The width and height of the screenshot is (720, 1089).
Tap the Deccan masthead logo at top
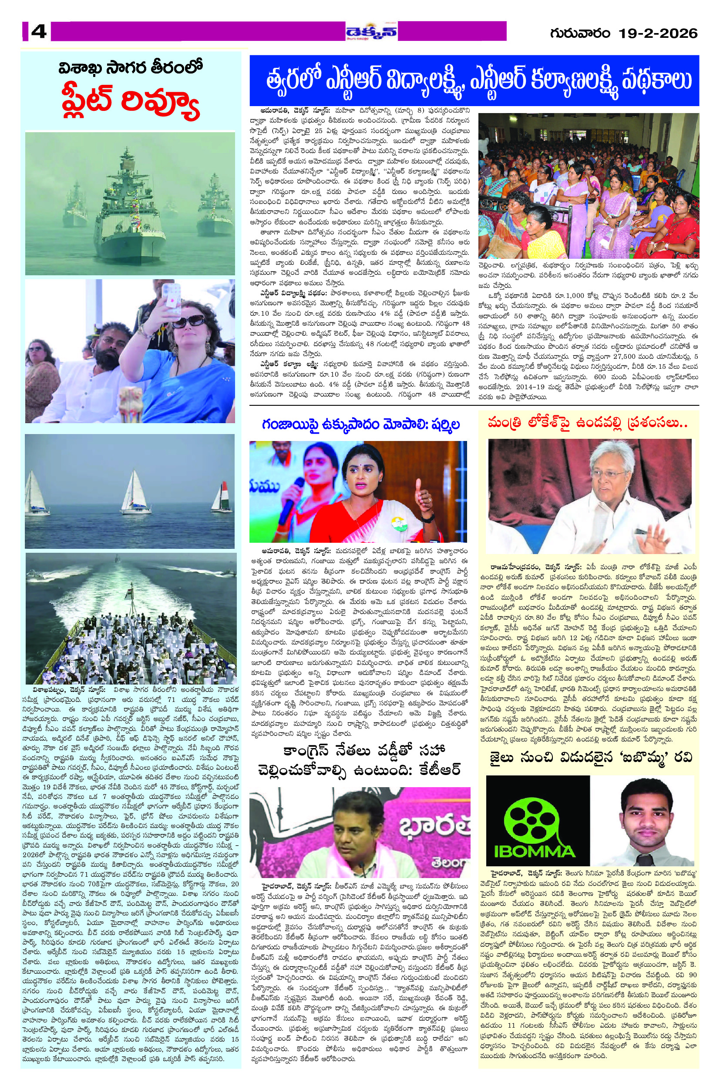[x=371, y=32]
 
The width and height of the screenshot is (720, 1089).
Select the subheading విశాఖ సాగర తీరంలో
[x=131, y=69]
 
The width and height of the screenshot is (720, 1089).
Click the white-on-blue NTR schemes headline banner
[x=474, y=81]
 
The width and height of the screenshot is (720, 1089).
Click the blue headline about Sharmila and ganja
[x=358, y=425]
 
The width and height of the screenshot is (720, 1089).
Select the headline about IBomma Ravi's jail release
[x=588, y=757]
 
